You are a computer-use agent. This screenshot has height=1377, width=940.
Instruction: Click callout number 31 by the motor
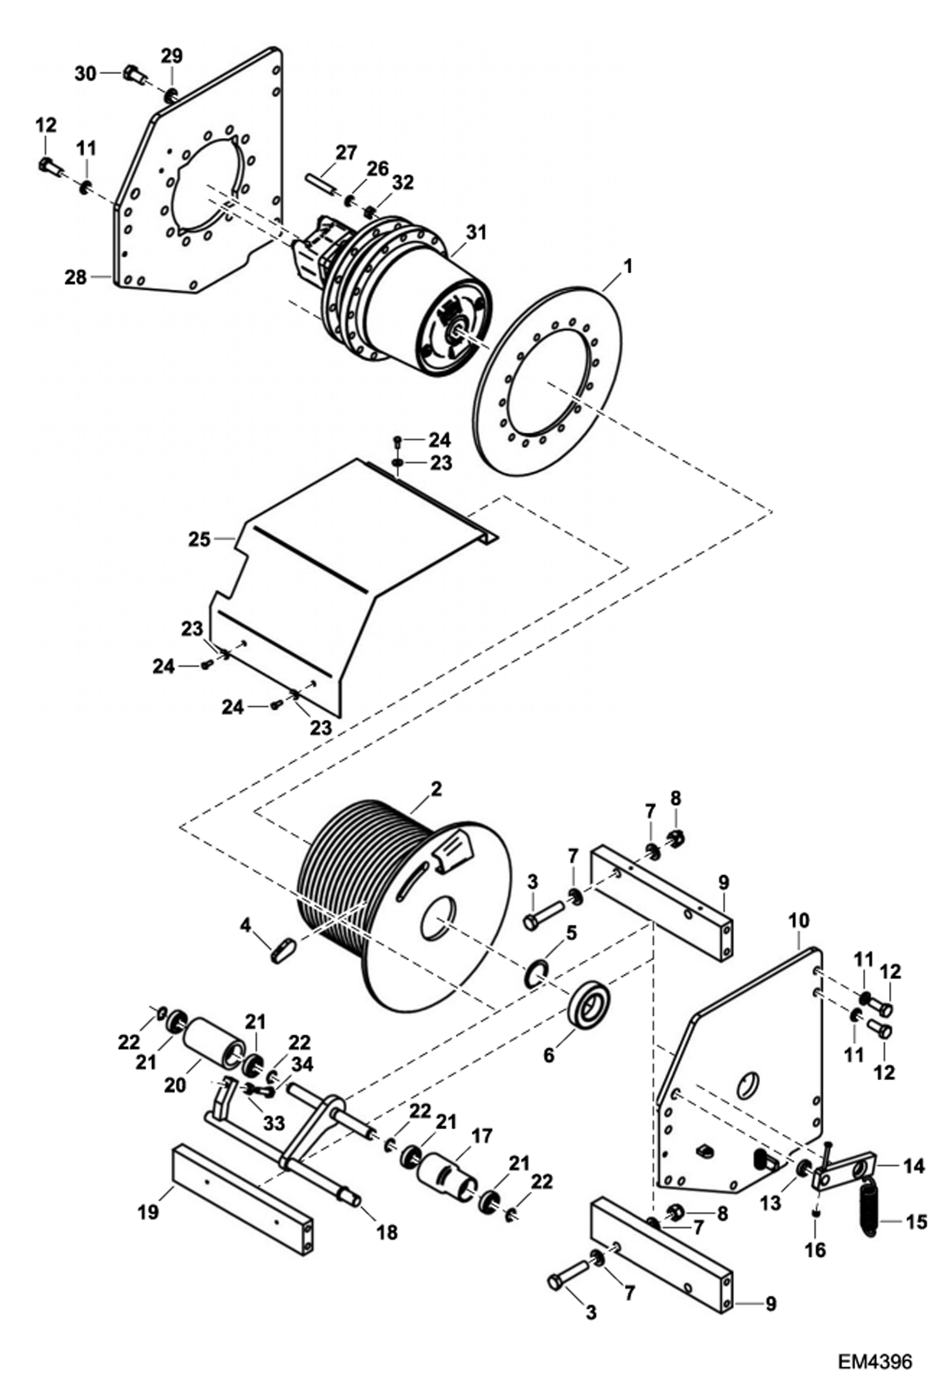point(477,233)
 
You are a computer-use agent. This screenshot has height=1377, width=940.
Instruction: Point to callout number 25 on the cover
point(200,538)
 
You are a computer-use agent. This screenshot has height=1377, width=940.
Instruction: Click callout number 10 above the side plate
point(798,922)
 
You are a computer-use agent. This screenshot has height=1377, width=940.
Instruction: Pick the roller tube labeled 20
point(215,1043)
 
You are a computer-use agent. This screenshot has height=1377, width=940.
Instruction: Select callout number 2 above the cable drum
point(436,788)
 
